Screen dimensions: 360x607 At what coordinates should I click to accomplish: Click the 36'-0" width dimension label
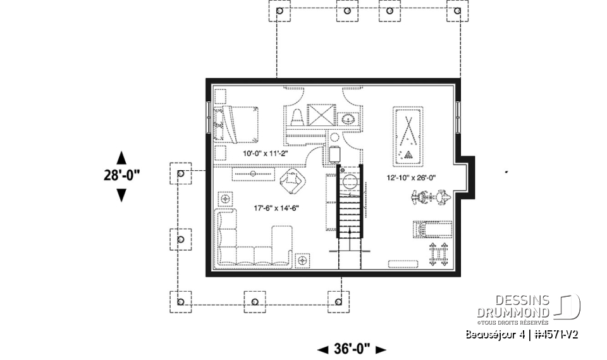[351, 349]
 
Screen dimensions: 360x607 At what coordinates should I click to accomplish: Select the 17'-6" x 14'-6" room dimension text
[276, 208]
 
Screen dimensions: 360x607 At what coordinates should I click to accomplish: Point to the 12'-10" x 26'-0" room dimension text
[412, 178]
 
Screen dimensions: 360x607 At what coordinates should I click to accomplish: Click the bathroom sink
[348, 118]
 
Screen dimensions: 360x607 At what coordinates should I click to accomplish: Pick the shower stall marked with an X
[322, 116]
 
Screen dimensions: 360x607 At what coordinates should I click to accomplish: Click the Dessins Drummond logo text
[513, 307]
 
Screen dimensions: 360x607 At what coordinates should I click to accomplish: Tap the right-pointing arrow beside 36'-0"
[380, 349]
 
